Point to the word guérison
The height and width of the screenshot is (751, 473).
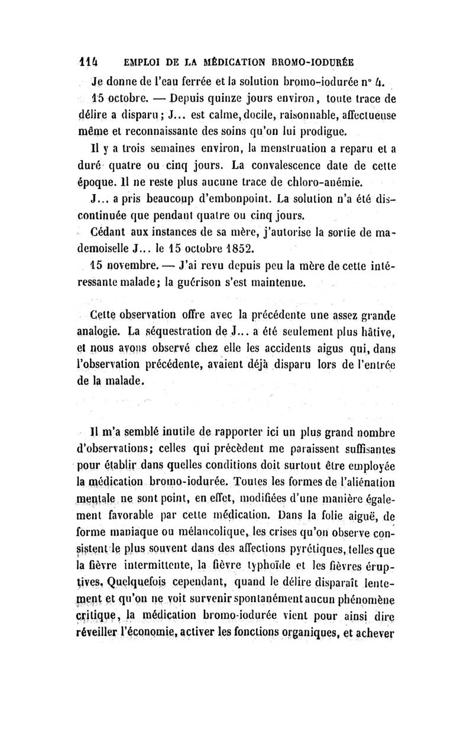[191, 297]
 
